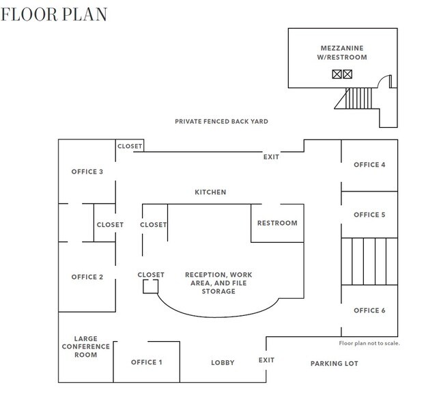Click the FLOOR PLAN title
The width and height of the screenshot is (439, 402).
point(54,14)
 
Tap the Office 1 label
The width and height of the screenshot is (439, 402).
point(146,362)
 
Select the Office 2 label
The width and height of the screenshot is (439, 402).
point(87,277)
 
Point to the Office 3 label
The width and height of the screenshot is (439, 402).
point(87,172)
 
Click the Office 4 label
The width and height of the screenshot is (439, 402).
point(369,165)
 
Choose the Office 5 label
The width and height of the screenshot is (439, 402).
point(369,215)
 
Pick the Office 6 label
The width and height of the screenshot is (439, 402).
point(369,310)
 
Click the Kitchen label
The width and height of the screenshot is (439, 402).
point(210,192)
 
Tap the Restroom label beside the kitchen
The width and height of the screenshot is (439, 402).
point(277,223)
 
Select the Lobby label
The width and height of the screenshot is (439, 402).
point(223,362)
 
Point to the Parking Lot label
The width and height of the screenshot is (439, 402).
point(335,363)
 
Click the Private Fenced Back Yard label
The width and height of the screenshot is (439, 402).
point(221,122)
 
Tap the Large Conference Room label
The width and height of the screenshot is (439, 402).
point(85,347)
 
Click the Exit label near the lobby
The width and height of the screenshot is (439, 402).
point(266,360)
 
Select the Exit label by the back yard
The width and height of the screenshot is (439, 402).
point(271,157)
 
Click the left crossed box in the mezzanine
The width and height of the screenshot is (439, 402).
point(337,74)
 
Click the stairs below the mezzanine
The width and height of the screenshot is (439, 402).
point(358,98)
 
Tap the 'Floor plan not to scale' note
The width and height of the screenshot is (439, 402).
point(369,343)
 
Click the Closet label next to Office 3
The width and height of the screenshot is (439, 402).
point(130,146)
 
